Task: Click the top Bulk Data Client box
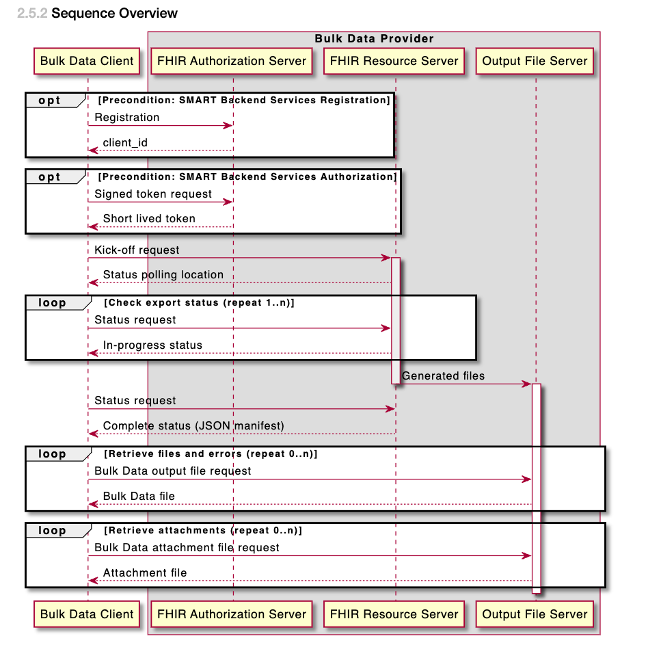tap(87, 61)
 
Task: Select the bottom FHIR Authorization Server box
tap(232, 614)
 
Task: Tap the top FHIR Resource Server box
tap(394, 61)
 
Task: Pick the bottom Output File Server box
tap(535, 614)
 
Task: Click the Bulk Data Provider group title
tap(374, 38)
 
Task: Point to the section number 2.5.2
tap(32, 13)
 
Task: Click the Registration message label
tap(127, 118)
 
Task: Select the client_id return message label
tap(125, 142)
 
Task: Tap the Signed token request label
tap(153, 194)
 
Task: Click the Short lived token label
tap(149, 219)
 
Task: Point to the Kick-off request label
tap(137, 250)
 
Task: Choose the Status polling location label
tap(163, 275)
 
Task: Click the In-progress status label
tap(152, 345)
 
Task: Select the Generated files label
tap(443, 375)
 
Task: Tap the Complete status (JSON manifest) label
tap(193, 426)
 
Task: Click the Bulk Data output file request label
tap(173, 471)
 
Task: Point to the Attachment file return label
tap(145, 573)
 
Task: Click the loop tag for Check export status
tap(53, 303)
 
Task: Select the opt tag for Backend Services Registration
tap(50, 101)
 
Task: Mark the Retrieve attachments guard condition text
tap(203, 531)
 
